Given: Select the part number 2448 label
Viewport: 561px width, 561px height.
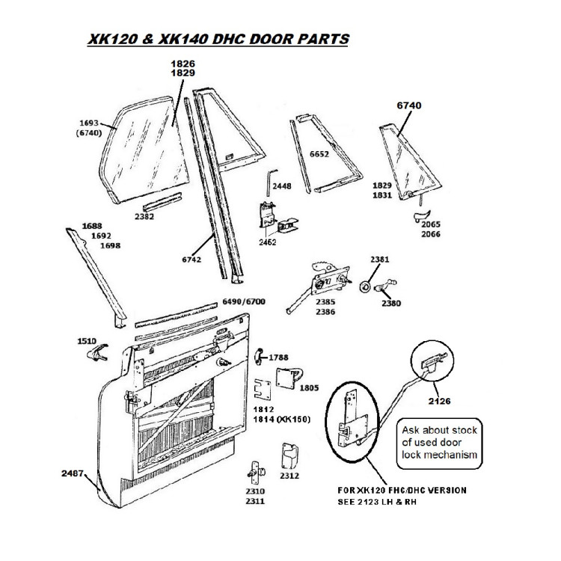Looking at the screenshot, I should tap(282, 185).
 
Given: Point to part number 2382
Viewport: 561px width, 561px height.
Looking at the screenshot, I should tap(144, 217).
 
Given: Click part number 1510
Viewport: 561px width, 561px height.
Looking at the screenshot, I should tap(86, 340).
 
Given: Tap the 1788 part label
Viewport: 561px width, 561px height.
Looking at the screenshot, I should tap(278, 358).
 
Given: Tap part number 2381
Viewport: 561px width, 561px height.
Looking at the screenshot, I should tap(380, 259).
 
